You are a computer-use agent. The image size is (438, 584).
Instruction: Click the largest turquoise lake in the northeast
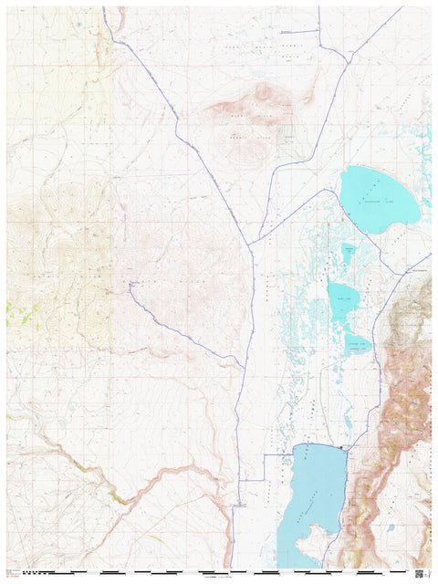tap(379, 199)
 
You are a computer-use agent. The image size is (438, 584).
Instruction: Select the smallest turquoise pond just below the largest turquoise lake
tap(348, 252)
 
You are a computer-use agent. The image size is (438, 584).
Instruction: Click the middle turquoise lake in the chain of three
tap(343, 298)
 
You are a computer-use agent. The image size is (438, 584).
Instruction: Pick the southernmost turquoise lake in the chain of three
tap(356, 343)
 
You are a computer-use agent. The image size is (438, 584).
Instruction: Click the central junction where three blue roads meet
tap(250, 245)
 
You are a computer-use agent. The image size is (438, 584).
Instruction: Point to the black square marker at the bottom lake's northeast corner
tap(342, 448)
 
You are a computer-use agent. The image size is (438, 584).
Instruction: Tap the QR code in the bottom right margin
tap(419, 573)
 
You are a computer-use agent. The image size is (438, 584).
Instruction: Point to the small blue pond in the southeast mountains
tap(391, 527)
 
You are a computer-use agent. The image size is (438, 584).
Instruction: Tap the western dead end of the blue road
tap(130, 285)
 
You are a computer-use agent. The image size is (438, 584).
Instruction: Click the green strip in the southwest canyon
tap(117, 496)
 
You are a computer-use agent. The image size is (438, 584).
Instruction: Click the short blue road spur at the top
tap(307, 31)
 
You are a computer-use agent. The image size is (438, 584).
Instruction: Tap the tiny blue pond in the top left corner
tap(78, 23)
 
